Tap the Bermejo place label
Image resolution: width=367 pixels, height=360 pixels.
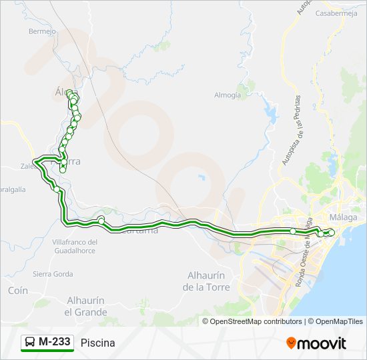point(41,31)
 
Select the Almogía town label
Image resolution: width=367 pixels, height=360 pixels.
point(228,95)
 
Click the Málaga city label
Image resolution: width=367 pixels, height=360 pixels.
point(344,217)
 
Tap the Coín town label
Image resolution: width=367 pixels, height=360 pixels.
point(18,291)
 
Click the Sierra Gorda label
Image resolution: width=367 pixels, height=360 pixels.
point(53,274)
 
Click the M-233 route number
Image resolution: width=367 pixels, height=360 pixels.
point(54,342)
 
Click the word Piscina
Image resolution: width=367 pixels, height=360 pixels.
point(97,343)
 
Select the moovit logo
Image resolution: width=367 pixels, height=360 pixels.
point(316,343)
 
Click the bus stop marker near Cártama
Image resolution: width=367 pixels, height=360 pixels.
point(101,220)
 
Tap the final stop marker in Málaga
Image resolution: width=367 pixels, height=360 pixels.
point(330,231)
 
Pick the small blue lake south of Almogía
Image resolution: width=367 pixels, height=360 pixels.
point(201,177)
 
